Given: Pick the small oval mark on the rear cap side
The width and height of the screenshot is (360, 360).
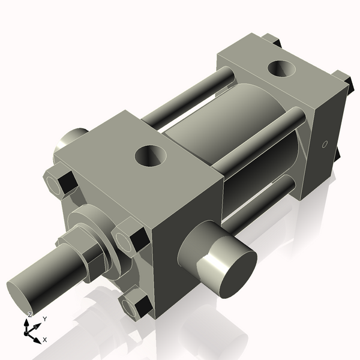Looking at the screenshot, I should [x=324, y=144].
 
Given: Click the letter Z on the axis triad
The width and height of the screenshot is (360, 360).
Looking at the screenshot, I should [x=29, y=314].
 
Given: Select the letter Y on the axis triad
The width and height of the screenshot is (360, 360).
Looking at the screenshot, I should [x=44, y=319].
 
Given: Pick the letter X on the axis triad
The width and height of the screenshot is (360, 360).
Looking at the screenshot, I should [x=44, y=340].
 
